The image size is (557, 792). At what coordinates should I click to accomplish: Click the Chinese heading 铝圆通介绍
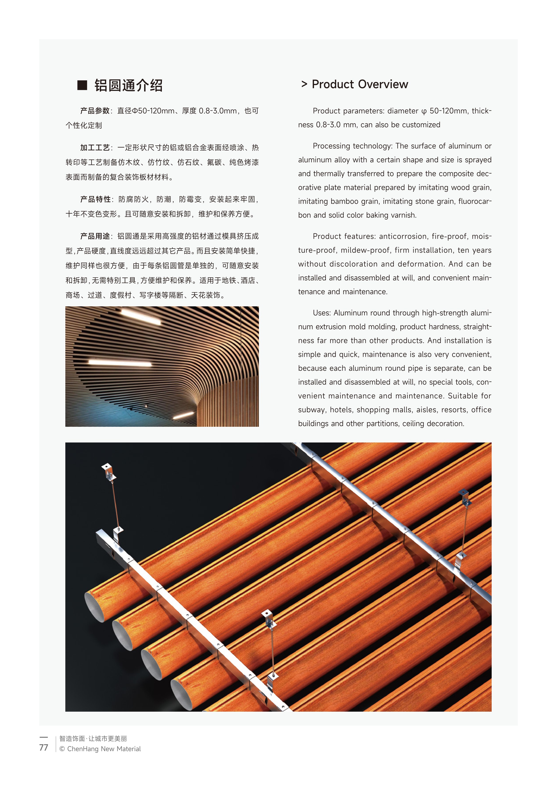coord(128,85)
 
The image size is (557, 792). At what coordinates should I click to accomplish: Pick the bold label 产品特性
coord(95,199)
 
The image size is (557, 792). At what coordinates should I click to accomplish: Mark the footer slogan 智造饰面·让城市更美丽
coord(93,738)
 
